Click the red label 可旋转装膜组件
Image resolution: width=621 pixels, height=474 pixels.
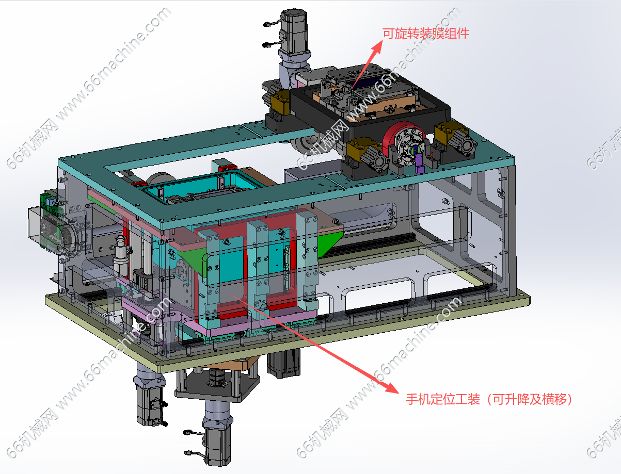(x=425, y=34)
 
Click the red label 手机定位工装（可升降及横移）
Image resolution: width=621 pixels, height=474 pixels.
(x=489, y=399)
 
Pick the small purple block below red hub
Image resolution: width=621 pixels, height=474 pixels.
(x=419, y=163)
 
